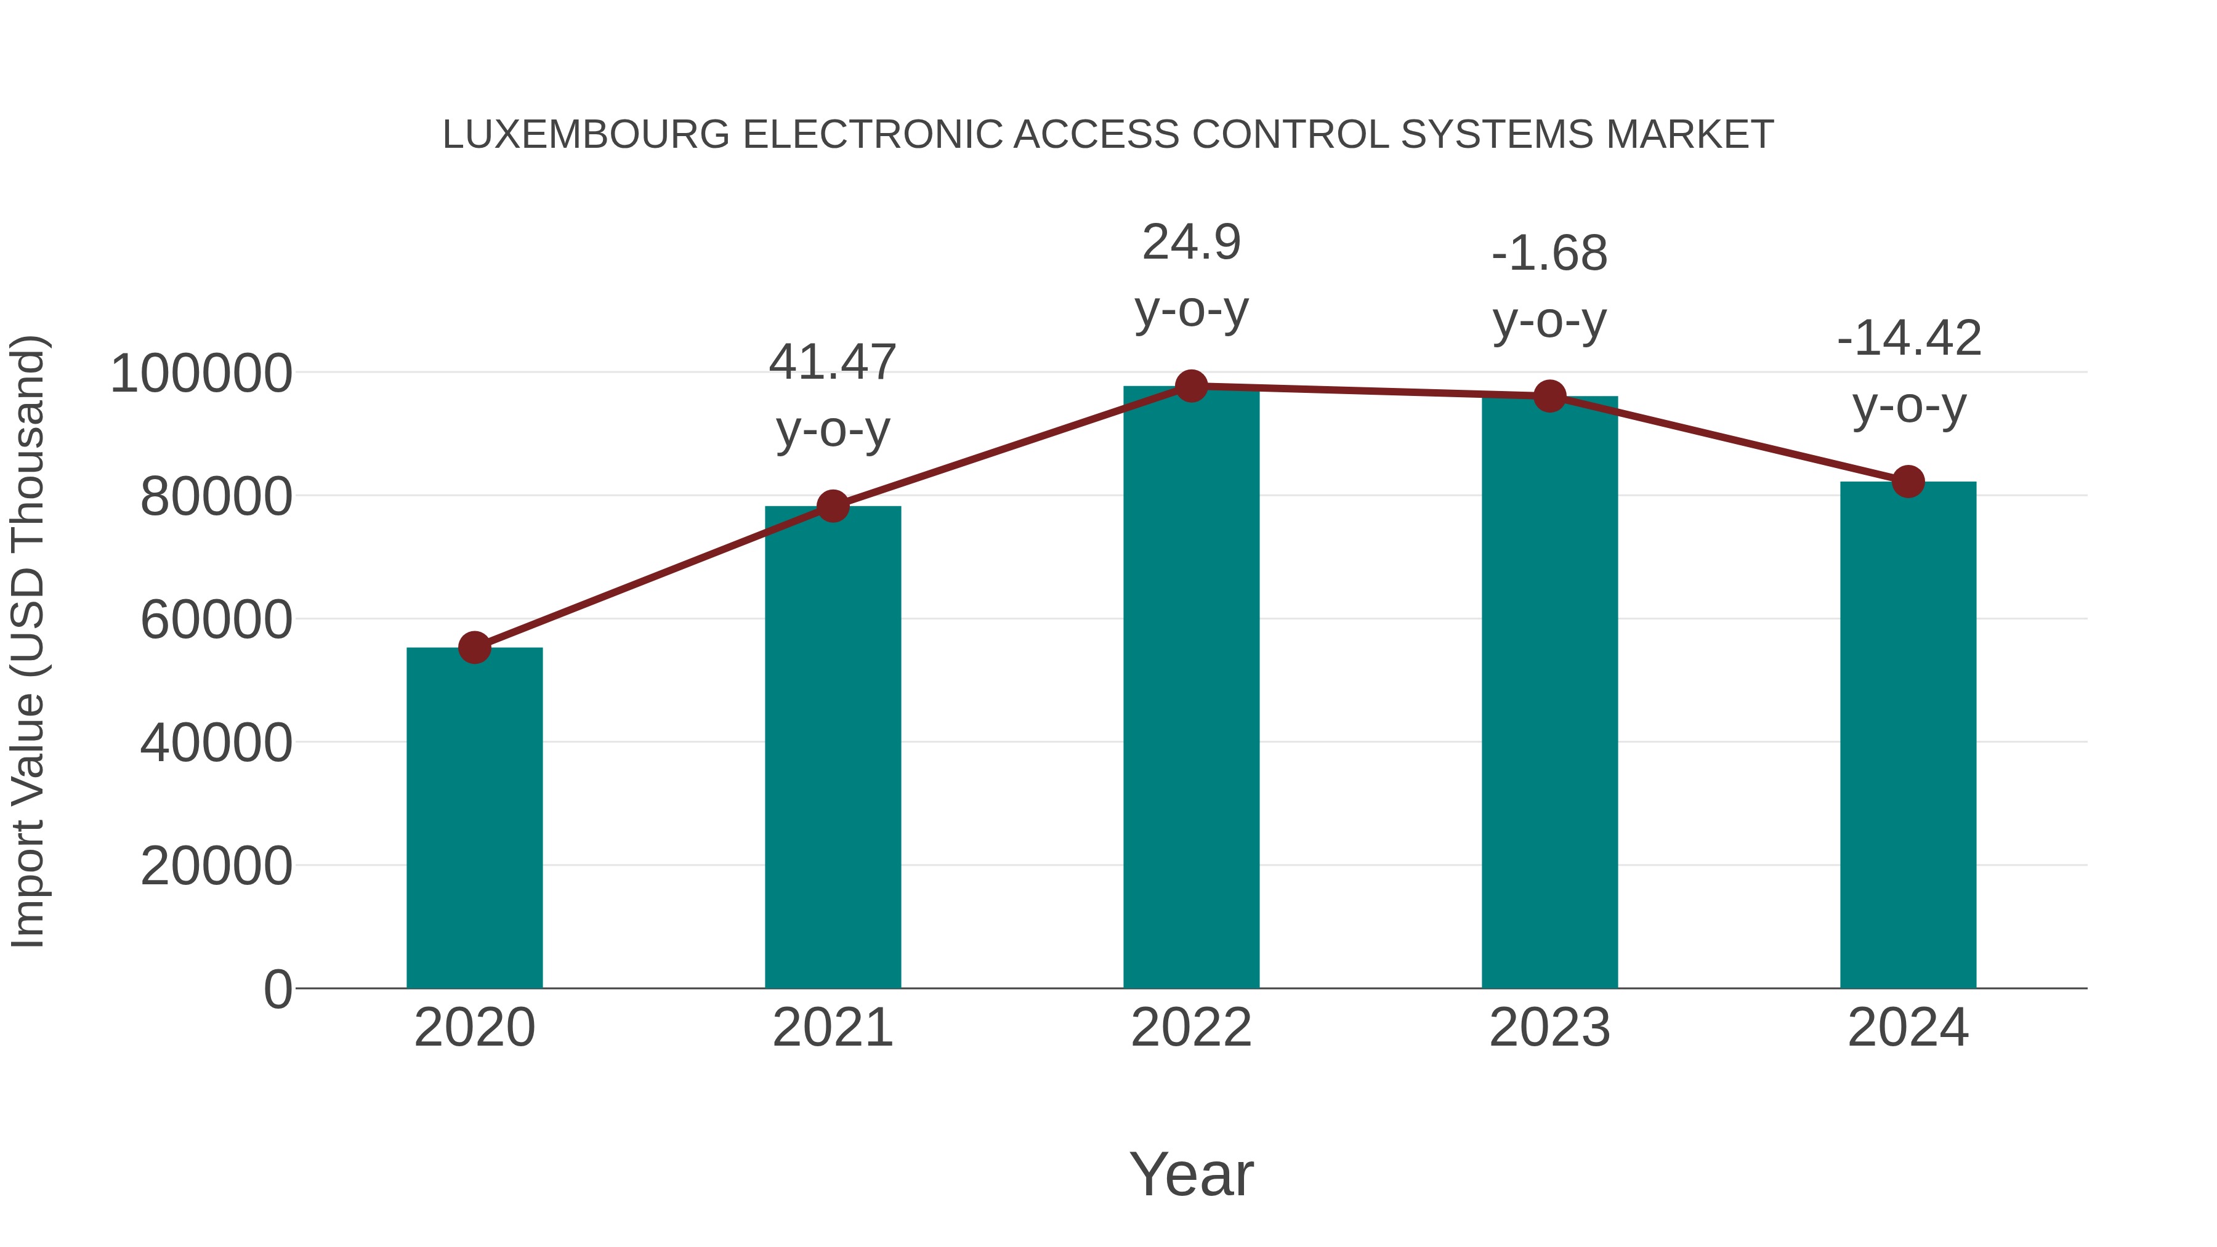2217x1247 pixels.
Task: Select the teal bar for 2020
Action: coord(474,818)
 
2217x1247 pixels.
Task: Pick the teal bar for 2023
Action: coord(1549,692)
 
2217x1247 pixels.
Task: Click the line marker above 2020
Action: coord(474,647)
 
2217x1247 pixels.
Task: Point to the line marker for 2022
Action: coord(1191,386)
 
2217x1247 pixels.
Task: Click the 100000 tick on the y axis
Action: coord(201,374)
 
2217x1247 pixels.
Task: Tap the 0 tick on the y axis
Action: coord(277,989)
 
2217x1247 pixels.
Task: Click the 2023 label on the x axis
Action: coord(1549,1028)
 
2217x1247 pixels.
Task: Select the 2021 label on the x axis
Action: coord(832,1028)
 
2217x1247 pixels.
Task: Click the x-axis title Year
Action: coord(1191,1174)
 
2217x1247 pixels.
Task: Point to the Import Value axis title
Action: coord(28,641)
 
